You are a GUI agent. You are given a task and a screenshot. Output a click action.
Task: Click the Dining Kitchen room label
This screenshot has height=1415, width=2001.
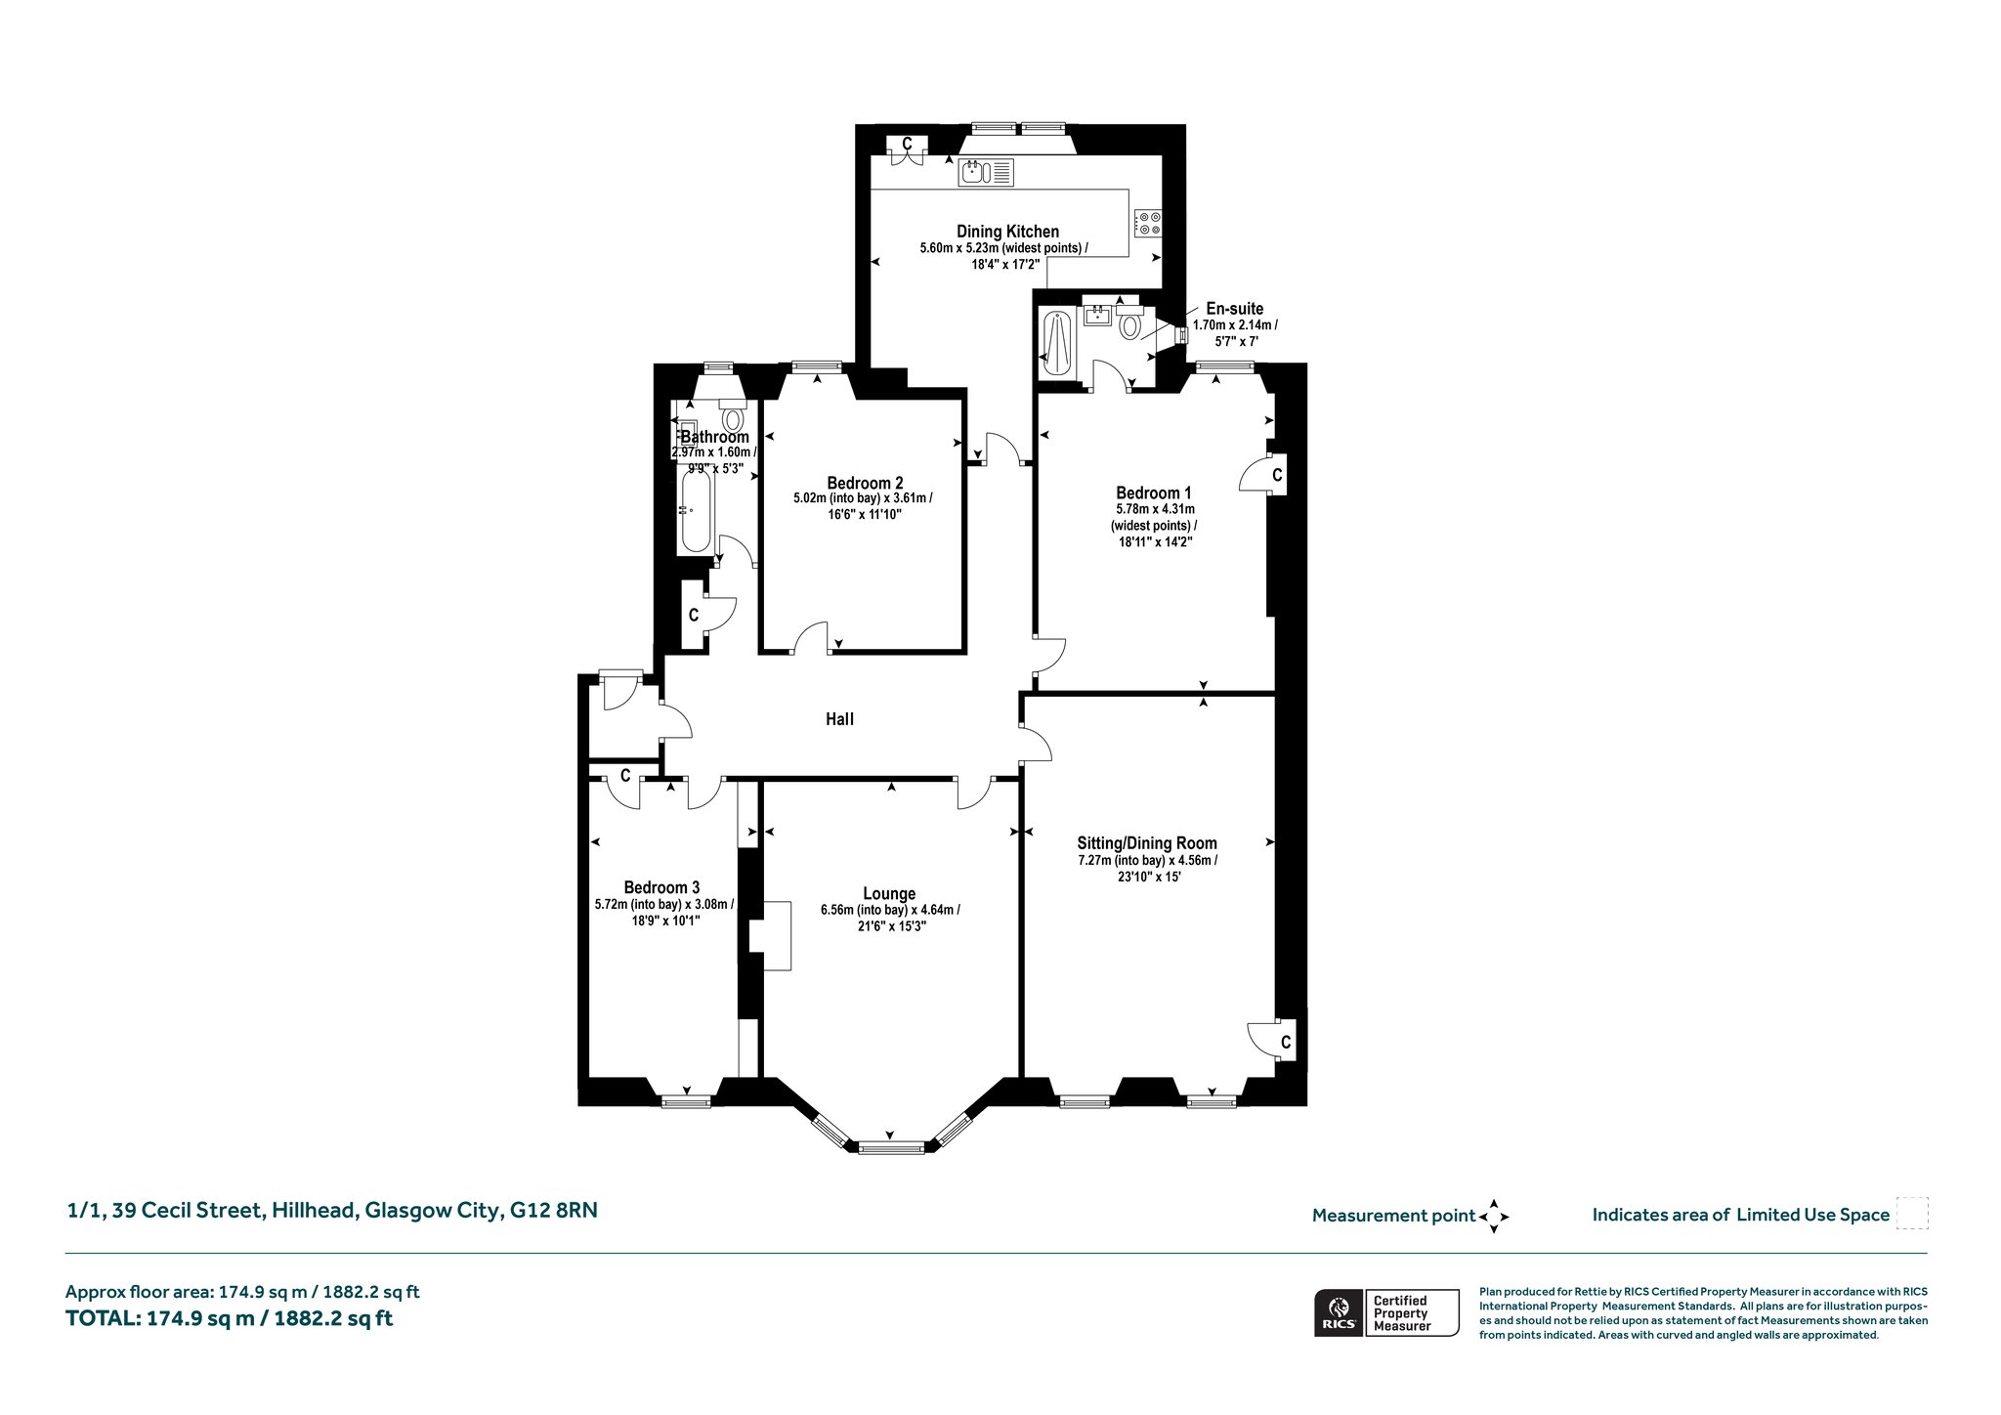pyautogui.click(x=1007, y=232)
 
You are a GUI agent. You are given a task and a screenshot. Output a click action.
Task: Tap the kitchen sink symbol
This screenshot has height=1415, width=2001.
pyautogui.click(x=987, y=173)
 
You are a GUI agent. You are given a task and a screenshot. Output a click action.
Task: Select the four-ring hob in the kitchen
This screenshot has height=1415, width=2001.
pyautogui.click(x=1148, y=223)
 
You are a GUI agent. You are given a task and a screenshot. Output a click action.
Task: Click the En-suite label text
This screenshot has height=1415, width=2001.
pyautogui.click(x=1234, y=309)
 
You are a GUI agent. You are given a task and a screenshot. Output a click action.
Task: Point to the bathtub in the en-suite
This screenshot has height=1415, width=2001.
pyautogui.click(x=1057, y=342)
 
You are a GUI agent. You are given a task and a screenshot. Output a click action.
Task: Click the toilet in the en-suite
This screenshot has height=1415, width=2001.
pyautogui.click(x=1131, y=322)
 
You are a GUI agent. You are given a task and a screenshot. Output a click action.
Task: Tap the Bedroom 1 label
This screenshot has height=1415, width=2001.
pyautogui.click(x=1153, y=493)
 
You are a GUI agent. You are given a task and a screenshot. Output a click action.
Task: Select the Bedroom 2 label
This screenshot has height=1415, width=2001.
pyautogui.click(x=865, y=483)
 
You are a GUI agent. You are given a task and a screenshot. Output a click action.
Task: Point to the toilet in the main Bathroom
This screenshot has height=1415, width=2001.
pyautogui.click(x=732, y=414)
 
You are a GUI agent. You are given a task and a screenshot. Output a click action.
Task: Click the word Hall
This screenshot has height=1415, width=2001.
pyautogui.click(x=839, y=719)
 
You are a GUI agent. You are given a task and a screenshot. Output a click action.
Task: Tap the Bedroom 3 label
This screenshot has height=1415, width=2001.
pyautogui.click(x=661, y=887)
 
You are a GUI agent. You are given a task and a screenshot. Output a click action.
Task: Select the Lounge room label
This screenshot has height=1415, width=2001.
pyautogui.click(x=889, y=893)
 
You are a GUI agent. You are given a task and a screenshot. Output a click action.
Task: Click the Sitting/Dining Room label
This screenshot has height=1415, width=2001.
pyautogui.click(x=1147, y=843)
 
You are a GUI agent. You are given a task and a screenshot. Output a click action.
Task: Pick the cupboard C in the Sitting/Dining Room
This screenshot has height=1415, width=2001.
pyautogui.click(x=1285, y=1043)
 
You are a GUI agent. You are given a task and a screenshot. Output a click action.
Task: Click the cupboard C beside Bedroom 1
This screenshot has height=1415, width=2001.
pyautogui.click(x=1276, y=475)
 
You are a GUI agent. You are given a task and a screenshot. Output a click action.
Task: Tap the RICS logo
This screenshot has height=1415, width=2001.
pyautogui.click(x=1338, y=1312)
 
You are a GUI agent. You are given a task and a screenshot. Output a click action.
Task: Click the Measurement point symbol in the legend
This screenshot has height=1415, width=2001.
pyautogui.click(x=1494, y=1217)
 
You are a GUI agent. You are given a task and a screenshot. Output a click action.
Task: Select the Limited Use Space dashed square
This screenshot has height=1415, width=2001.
pyautogui.click(x=1911, y=1214)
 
